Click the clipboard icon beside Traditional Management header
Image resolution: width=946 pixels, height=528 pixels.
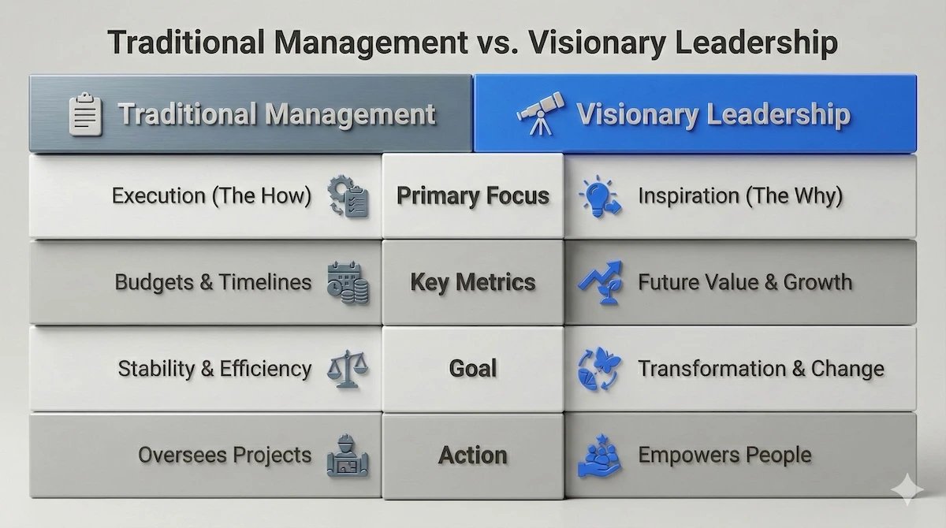[86, 115]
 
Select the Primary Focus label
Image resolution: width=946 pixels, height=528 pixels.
[473, 195]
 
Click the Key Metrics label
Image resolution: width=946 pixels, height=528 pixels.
[473, 282]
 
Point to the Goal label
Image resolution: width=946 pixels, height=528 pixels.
[473, 368]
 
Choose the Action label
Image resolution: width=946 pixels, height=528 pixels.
[473, 455]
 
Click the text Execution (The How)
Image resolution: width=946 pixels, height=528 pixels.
[211, 195]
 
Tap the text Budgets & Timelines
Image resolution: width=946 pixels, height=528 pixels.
[213, 282]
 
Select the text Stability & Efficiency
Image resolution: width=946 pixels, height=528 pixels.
[214, 368]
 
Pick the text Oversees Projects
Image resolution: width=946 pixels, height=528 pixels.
[225, 455]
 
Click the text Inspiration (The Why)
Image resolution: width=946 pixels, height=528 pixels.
[740, 195]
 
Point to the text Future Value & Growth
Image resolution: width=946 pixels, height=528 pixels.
[745, 282]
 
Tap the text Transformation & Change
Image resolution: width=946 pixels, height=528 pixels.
[761, 368]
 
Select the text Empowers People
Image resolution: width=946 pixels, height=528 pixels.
[724, 455]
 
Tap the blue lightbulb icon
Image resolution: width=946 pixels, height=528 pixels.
[597, 196]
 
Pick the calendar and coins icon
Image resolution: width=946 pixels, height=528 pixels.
[348, 283]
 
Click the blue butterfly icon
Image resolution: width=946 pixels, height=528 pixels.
[598, 368]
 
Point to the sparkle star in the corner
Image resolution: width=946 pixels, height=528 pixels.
[907, 490]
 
